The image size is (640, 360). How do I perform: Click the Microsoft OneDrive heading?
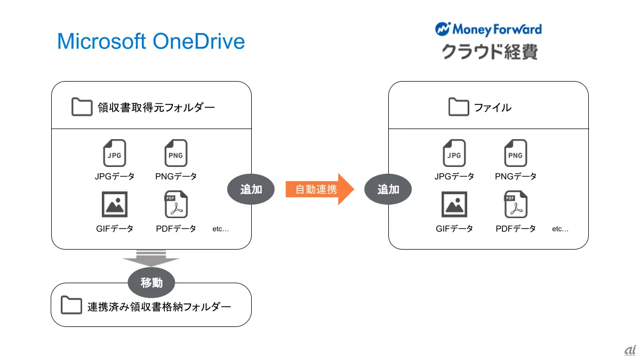pos(151,42)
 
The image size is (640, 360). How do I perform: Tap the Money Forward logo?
pos(489,29)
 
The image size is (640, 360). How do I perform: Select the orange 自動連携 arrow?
pos(319,189)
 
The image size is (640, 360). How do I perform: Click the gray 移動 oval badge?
pos(151,283)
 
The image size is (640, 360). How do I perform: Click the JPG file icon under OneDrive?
pos(114,153)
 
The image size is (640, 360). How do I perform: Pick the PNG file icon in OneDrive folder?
pos(175,153)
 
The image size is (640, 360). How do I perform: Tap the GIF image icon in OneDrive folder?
pos(115,204)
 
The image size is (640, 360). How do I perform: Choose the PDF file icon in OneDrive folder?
pos(175,204)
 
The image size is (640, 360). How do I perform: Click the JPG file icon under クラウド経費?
pos(454,153)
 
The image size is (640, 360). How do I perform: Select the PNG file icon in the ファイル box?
pos(515,153)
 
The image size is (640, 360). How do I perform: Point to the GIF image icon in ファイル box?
pos(454,204)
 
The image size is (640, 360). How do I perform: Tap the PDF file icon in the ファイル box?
pos(516,204)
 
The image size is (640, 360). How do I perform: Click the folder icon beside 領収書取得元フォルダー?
pos(82,107)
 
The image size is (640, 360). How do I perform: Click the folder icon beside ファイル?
pos(459,107)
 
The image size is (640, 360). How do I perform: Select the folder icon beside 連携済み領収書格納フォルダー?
pos(71,305)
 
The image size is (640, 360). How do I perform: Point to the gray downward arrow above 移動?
pos(151,258)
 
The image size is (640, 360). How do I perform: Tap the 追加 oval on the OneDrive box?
pos(251,189)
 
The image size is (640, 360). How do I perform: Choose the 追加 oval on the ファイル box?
pos(388,189)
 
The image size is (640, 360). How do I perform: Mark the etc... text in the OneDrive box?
pos(220,229)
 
